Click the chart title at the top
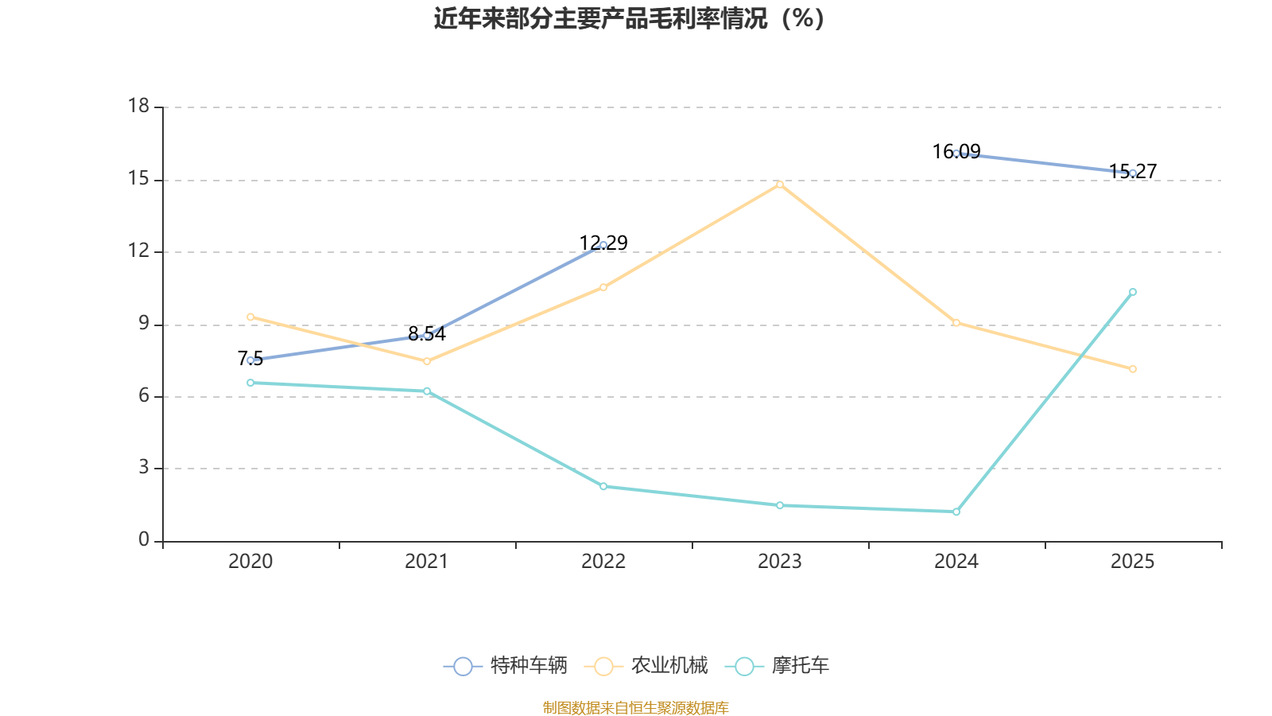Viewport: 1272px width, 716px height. pos(629,18)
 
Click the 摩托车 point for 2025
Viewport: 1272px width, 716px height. pos(1133,292)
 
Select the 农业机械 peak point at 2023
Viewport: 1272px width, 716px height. pos(780,185)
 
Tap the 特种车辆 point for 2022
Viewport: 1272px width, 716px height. pos(603,245)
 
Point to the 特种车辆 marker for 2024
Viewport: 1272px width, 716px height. pos(956,154)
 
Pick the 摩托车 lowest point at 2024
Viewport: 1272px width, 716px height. pos(956,512)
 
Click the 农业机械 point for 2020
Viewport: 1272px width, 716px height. pos(250,317)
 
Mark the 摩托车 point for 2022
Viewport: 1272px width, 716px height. pos(603,486)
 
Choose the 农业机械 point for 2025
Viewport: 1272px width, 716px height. pos(1133,369)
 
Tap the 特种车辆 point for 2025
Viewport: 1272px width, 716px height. pos(1133,173)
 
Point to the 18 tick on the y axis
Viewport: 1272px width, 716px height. pos(139,107)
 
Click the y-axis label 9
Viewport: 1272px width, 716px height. pos(144,324)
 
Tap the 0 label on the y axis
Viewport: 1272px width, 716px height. pos(144,540)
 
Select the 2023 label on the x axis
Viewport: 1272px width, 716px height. pos(780,562)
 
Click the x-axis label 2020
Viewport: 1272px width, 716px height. pos(250,562)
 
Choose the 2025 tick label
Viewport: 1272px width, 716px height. pos(1133,562)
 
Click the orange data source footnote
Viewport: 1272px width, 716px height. pos(636,707)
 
